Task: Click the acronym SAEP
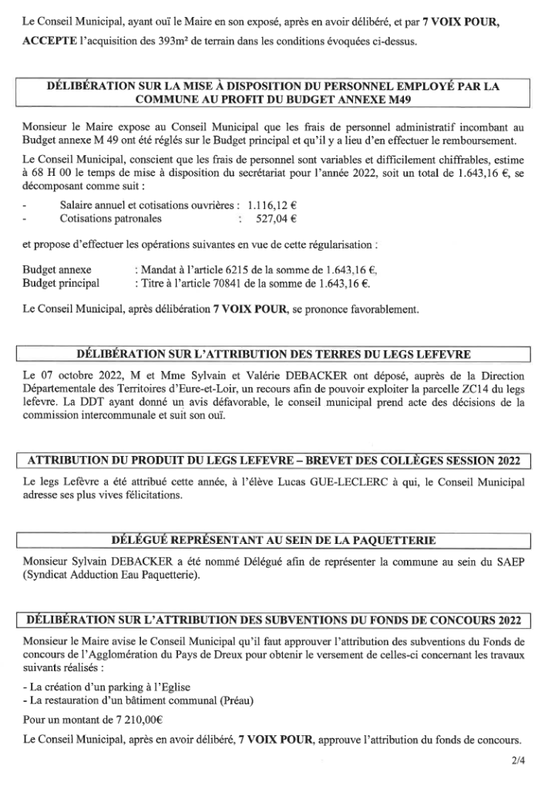[509, 561]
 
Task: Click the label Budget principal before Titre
[61, 282]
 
